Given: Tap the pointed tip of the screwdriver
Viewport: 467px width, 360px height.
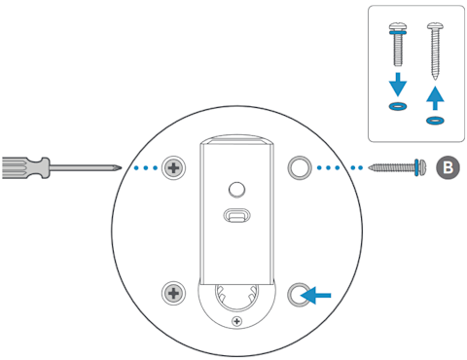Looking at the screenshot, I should tap(119, 167).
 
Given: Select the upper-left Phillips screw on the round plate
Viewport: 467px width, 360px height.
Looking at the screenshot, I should tap(174, 167).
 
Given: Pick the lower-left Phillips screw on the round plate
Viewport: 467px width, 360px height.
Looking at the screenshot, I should tap(174, 292).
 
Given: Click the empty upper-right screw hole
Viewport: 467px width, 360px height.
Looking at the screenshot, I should tap(299, 167).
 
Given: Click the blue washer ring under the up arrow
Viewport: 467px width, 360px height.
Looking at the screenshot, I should tap(434, 121).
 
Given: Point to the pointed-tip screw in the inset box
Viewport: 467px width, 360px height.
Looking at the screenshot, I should tap(434, 49).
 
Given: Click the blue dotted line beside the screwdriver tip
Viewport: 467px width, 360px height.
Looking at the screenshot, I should tap(144, 167).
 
